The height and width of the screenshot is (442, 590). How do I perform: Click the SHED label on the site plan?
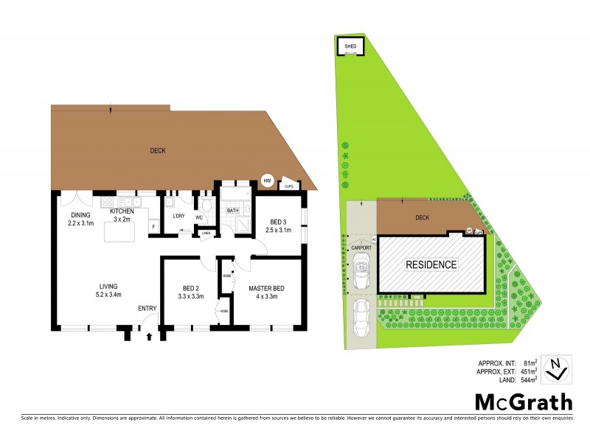[x=351, y=46]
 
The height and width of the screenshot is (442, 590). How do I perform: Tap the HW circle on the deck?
[x=268, y=180]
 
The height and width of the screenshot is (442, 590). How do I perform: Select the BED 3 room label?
[x=277, y=222]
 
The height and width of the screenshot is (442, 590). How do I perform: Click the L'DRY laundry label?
[x=178, y=216]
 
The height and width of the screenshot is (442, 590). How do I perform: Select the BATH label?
[x=232, y=211]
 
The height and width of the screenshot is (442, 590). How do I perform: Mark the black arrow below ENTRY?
[x=150, y=337]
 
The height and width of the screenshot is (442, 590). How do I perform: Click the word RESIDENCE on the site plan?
[x=431, y=264]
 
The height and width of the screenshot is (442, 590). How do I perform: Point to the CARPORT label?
[x=361, y=248]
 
